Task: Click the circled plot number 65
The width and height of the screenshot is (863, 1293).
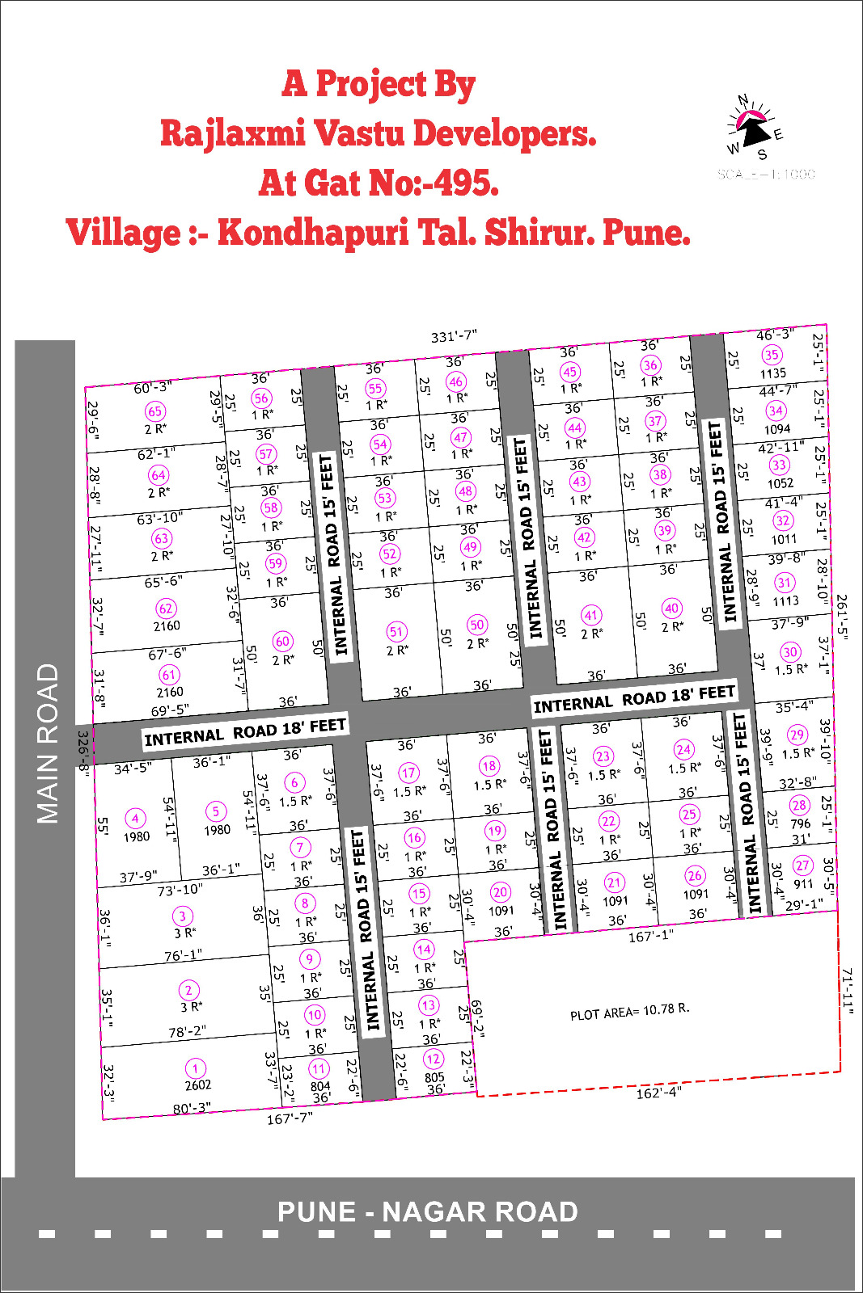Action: [x=154, y=411]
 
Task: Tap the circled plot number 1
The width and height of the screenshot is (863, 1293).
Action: [x=195, y=1068]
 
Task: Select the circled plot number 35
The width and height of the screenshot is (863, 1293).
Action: [x=772, y=355]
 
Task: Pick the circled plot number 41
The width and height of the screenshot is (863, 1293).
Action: [x=591, y=615]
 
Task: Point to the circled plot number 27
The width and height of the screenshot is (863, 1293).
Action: [x=802, y=866]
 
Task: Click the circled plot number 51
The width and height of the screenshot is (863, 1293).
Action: [x=396, y=632]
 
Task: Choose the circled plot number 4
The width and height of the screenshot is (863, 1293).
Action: [x=135, y=819]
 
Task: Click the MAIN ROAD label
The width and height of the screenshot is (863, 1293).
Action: [x=48, y=743]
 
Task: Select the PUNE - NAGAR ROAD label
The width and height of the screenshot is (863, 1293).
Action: [x=427, y=1212]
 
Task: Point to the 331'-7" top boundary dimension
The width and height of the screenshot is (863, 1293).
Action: [x=454, y=336]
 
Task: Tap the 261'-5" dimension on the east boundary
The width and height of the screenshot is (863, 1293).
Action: [x=841, y=617]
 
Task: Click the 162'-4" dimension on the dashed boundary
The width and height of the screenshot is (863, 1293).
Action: [x=658, y=1093]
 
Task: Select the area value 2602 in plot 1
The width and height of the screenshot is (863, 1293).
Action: [x=197, y=1085]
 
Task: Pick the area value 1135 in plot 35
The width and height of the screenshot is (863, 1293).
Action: [x=772, y=373]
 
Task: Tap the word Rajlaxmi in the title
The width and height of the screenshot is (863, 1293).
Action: [x=232, y=133]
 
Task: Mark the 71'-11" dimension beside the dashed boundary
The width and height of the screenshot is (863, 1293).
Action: [x=848, y=990]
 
